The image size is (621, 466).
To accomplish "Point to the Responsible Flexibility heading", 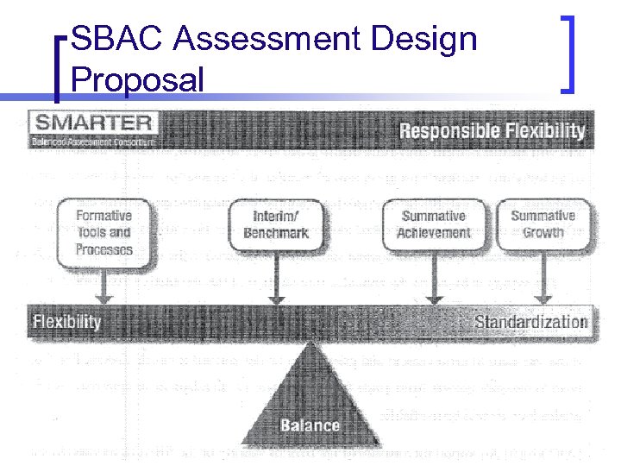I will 492,131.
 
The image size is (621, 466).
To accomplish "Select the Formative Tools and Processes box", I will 103,232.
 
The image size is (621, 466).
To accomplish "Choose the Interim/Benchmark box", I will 275,224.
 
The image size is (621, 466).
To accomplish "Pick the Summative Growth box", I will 543,224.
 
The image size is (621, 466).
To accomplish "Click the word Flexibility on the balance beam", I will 67,323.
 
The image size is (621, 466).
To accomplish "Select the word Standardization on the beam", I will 530,323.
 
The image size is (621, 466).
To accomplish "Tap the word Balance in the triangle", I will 310,425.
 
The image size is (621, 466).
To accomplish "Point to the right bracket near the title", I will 569,53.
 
